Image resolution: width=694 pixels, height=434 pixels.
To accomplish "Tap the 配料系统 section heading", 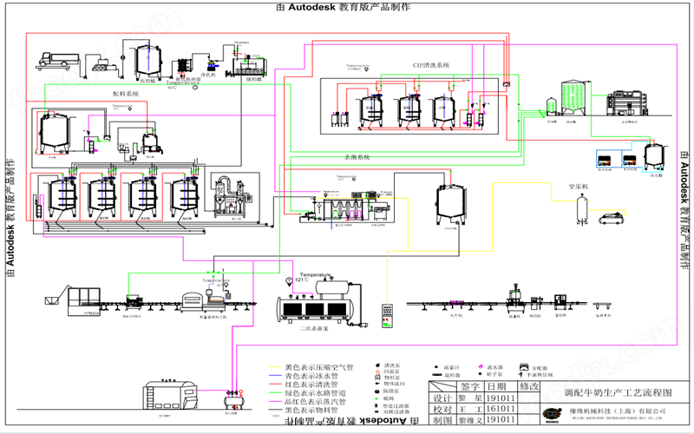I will point(125,93).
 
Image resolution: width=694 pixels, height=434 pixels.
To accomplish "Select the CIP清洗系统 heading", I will point(431,65).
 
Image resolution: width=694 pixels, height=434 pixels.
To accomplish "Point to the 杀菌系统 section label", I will point(357,157).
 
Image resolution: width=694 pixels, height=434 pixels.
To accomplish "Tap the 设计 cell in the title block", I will point(442,398).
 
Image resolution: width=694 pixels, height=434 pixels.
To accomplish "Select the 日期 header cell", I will point(497,386).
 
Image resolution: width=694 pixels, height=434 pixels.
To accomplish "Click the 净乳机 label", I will point(208,75).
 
